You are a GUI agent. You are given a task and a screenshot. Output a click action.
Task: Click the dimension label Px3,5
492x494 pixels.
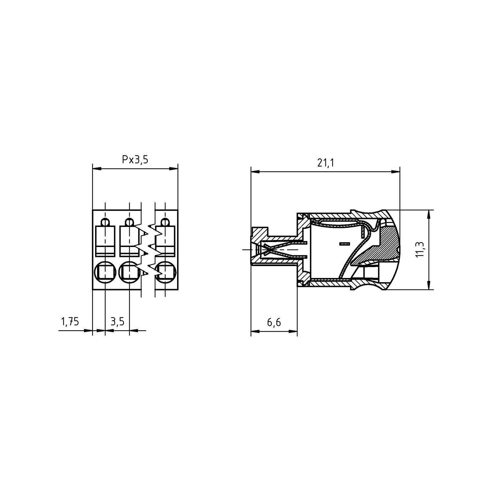[x=135, y=160]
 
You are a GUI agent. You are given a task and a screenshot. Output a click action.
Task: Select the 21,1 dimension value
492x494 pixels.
[x=325, y=163]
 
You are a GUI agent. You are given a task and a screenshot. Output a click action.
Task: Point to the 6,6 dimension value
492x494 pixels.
[x=274, y=322]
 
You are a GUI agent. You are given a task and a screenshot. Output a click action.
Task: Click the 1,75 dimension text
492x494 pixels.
[x=69, y=321]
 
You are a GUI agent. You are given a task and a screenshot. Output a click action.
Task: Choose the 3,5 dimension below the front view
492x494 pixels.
[x=117, y=321]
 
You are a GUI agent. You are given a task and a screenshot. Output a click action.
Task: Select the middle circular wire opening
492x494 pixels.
[x=129, y=272]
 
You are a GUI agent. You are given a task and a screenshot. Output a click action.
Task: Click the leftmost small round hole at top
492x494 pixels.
[x=105, y=222]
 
